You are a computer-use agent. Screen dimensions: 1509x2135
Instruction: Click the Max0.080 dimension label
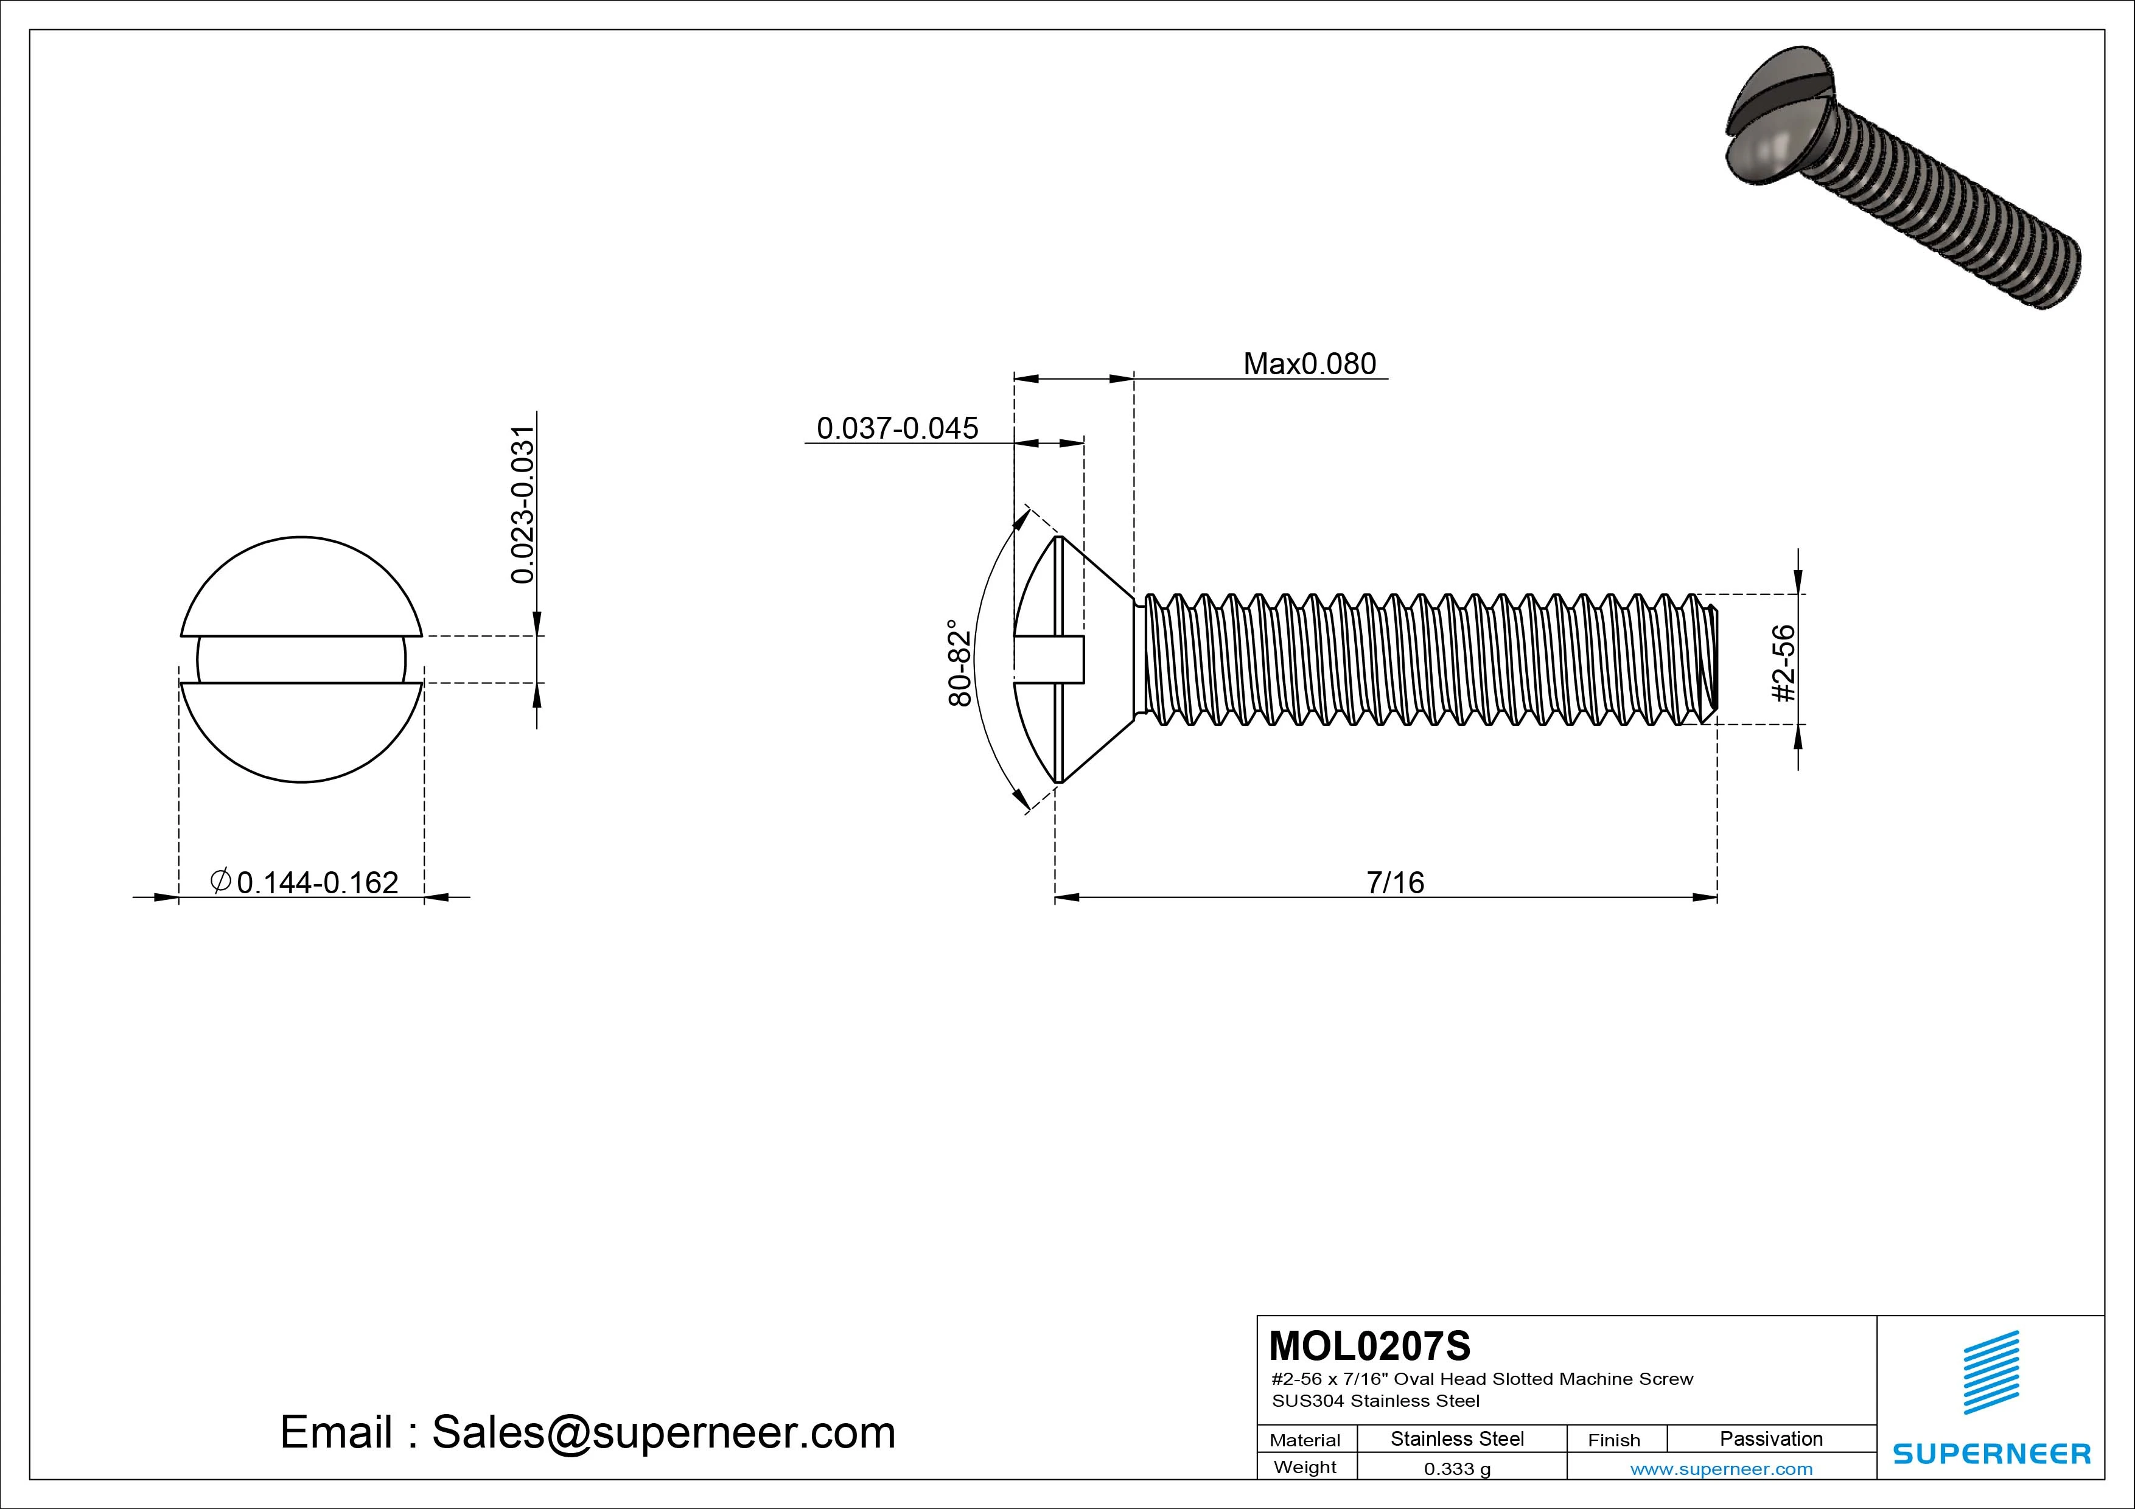click(1309, 363)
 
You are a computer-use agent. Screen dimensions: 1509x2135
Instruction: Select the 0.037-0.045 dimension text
click(897, 428)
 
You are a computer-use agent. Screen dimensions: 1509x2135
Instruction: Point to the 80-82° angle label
click(960, 663)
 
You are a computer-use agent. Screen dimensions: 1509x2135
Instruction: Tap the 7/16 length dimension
click(1395, 882)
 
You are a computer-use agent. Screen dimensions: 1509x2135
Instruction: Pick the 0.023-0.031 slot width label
click(523, 505)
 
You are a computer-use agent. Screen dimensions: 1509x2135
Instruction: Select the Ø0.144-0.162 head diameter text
click(305, 882)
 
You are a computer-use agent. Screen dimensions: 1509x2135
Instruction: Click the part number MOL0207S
click(1370, 1345)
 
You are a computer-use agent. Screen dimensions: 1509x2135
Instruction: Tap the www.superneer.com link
click(1721, 1469)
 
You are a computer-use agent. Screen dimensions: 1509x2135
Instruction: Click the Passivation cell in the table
click(1770, 1439)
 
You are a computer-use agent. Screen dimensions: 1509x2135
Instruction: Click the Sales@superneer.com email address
click(663, 1433)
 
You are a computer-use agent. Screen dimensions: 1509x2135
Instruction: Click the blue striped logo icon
click(1991, 1372)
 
